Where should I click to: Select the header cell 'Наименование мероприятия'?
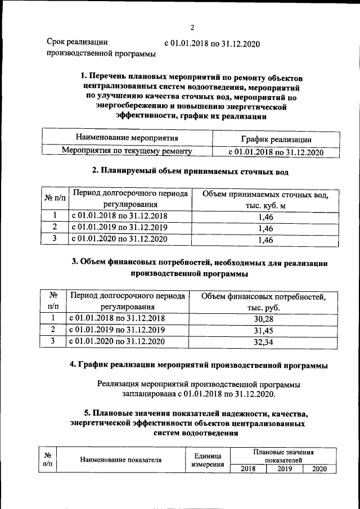coord(127,138)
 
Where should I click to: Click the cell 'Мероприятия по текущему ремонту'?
coord(127,151)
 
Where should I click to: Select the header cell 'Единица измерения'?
coord(208,460)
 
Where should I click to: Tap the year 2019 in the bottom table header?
coord(283,469)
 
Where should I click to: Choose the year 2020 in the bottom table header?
coord(319,469)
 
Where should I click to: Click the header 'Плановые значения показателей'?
coord(283,456)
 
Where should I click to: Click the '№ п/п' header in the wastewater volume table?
coord(55,200)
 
